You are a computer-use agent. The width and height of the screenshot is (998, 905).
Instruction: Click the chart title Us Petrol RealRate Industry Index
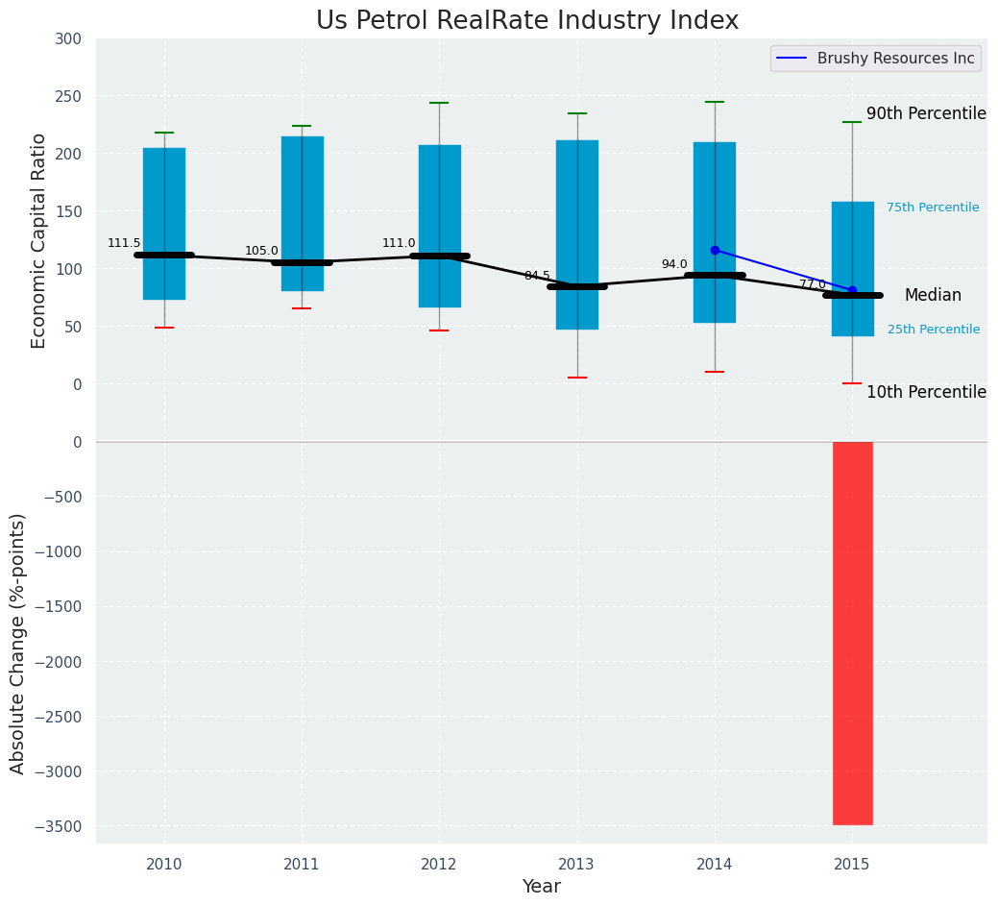coord(527,21)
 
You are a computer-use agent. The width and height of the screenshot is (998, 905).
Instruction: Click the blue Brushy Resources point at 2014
coord(715,250)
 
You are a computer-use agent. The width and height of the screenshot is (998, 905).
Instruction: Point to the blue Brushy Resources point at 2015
coord(852,290)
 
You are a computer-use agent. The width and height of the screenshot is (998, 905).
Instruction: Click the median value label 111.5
coord(124,243)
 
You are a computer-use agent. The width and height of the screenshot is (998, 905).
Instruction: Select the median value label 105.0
coord(261,251)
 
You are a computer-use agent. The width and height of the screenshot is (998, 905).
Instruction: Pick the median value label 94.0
coord(674,264)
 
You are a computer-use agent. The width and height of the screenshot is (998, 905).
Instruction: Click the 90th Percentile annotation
coord(926,113)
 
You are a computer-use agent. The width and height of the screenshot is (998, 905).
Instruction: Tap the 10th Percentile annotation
coord(926,392)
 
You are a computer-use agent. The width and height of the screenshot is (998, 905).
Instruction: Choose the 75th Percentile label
coord(933,208)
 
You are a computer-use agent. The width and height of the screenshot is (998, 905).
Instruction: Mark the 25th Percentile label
coord(934,330)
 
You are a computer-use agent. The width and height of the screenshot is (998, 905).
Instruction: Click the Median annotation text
coord(933,295)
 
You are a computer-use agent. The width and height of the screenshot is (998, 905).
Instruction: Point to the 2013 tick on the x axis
coord(577,865)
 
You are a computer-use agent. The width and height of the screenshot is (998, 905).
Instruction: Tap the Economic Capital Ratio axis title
coord(39,240)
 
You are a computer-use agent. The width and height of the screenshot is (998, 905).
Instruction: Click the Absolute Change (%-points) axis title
coord(18,643)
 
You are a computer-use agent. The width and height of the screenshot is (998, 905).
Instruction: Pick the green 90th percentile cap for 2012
coord(439,103)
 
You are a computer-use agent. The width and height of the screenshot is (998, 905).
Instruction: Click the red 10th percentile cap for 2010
coord(164,328)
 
